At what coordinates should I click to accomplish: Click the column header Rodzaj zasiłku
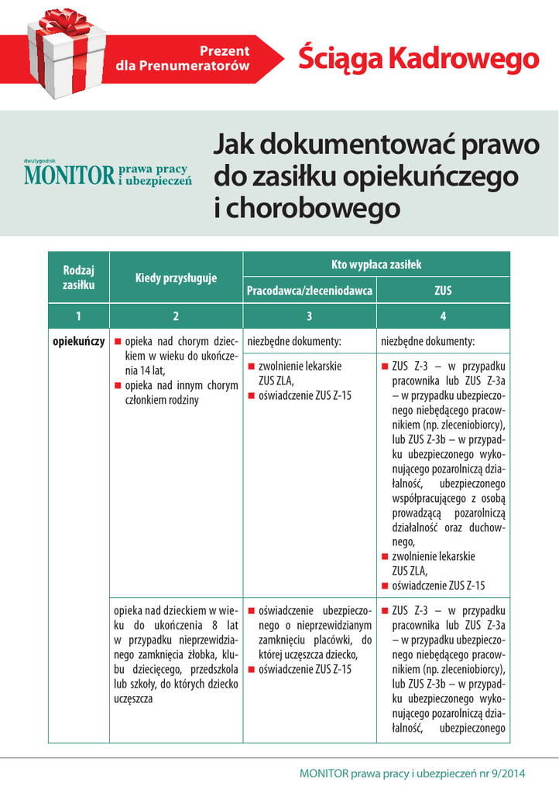point(78,278)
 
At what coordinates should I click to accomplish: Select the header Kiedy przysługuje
point(176,278)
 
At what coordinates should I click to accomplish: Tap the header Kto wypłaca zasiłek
point(376,265)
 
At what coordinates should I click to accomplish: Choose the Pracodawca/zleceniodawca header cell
point(310,291)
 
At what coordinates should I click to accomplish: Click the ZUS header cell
point(443,291)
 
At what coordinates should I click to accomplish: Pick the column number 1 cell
point(78,316)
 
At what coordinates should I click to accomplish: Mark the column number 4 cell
point(443,316)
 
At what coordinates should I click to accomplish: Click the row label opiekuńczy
point(78,340)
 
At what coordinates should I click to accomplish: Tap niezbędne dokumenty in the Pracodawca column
point(293,340)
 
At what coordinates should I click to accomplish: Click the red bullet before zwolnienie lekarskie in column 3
point(252,366)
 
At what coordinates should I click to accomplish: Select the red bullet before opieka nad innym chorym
point(118,385)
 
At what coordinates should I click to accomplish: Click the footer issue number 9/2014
point(508,773)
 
